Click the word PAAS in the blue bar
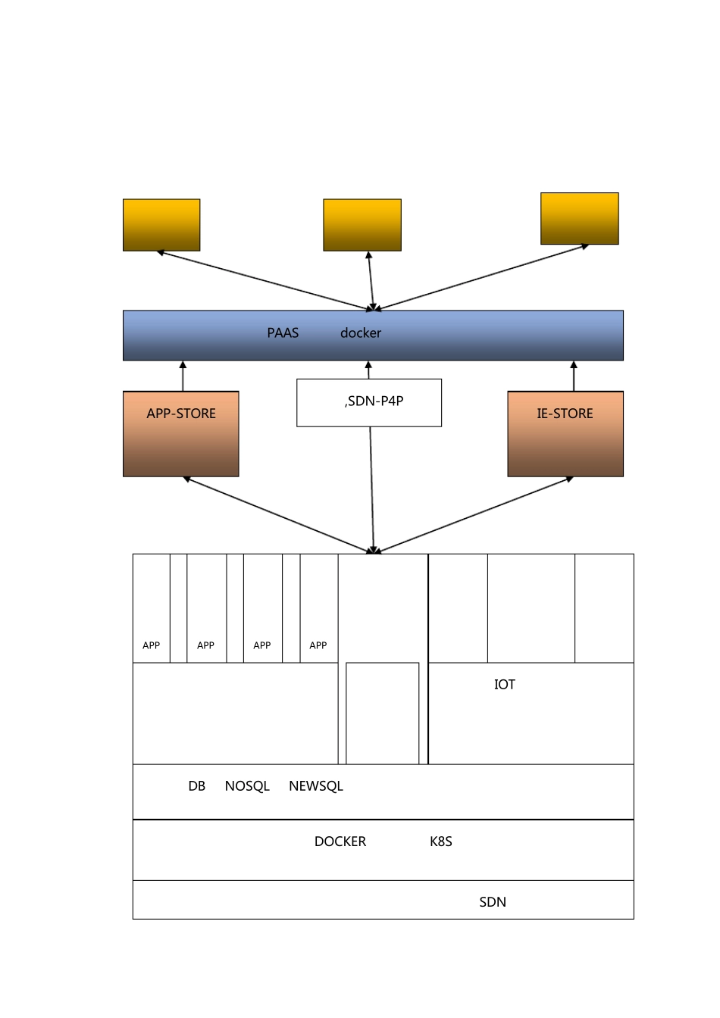coord(283,333)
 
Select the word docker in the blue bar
coord(360,333)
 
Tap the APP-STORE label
coord(181,414)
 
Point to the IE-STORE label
coord(565,414)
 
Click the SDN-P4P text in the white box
coord(374,401)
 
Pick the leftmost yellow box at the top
coord(161,225)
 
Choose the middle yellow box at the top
coord(362,225)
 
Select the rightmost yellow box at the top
coord(580,219)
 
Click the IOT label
coord(505,685)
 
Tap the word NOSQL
coord(247,786)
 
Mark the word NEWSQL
coord(315,786)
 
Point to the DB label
coord(196,786)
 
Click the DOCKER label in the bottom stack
coord(340,842)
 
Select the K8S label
coord(441,842)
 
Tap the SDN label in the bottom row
coord(493,902)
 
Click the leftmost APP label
coord(151,645)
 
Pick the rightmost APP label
coord(318,645)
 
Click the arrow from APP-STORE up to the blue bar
coord(183,376)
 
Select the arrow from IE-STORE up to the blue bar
coord(574,376)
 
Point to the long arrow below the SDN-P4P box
coord(372,490)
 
